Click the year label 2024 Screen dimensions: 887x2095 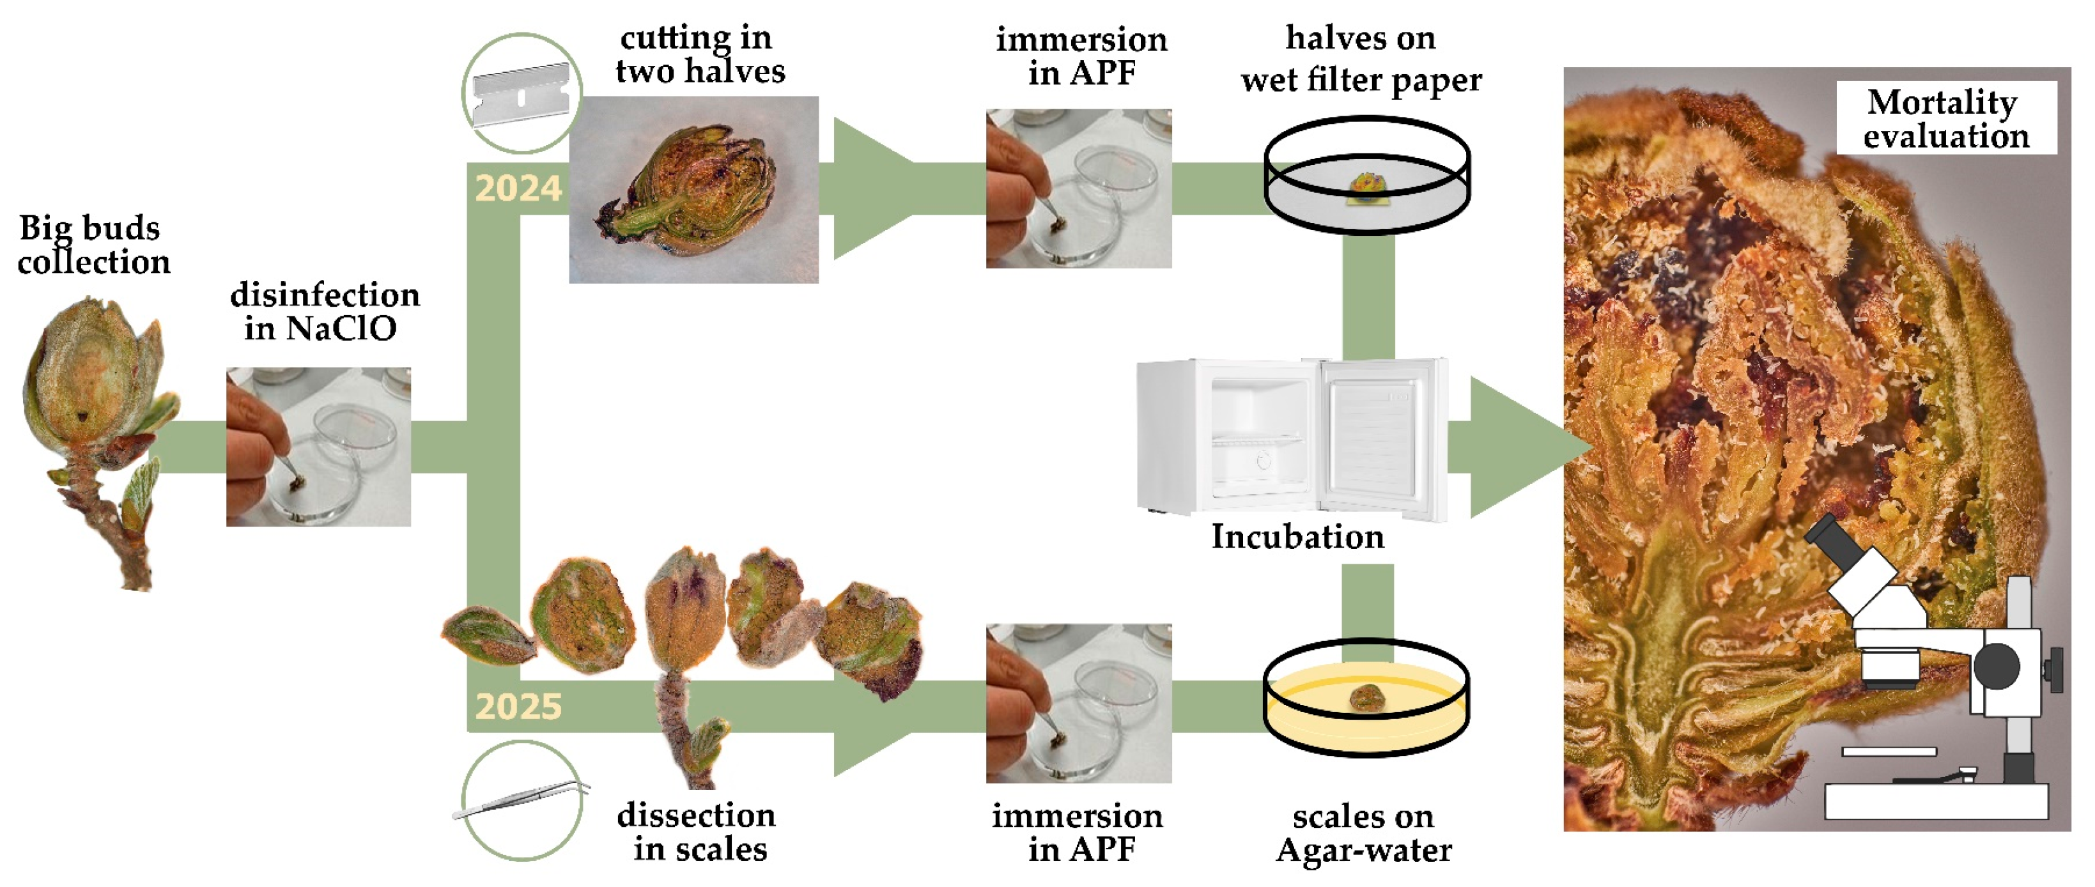point(518,189)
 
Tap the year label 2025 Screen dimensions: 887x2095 point(518,707)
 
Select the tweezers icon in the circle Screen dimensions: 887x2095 point(522,801)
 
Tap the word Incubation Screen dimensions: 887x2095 point(1297,537)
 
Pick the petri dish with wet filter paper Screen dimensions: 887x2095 point(1366,175)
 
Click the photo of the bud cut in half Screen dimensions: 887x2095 point(693,189)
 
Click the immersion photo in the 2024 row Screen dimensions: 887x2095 point(1078,189)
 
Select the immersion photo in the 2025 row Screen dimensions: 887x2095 point(1078,703)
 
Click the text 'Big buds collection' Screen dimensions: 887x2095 point(93,245)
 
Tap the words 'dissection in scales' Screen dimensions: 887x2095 point(698,831)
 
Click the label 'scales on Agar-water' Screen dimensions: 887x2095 point(1364,833)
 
